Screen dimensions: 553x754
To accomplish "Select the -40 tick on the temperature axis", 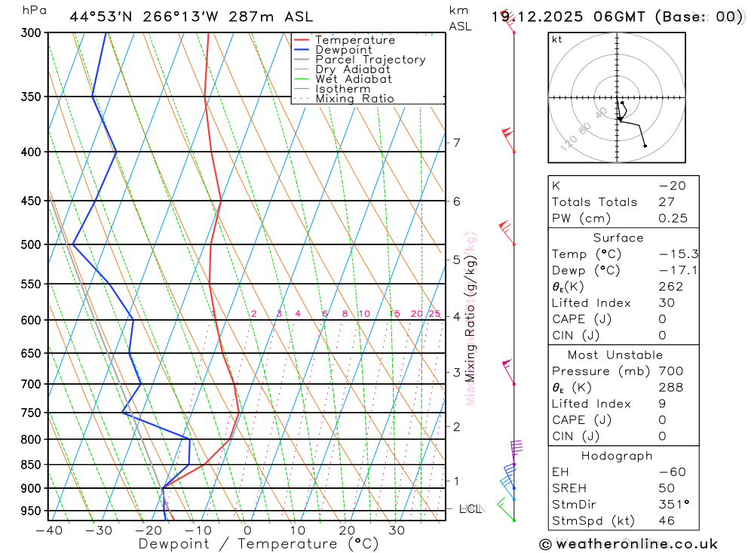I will pyautogui.click(x=49, y=530).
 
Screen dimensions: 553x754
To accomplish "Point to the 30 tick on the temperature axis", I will pyautogui.click(x=397, y=530).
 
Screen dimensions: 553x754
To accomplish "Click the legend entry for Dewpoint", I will pyautogui.click(x=343, y=50).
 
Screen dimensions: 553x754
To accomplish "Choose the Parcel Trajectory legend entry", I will pyautogui.click(x=370, y=60).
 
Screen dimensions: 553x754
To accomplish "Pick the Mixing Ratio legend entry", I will pyautogui.click(x=354, y=99).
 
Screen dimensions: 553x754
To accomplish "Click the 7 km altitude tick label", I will pyautogui.click(x=456, y=143).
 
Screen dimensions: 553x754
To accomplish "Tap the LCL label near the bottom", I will pyautogui.click(x=470, y=509).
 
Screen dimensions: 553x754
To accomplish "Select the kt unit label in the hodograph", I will pyautogui.click(x=557, y=39).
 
